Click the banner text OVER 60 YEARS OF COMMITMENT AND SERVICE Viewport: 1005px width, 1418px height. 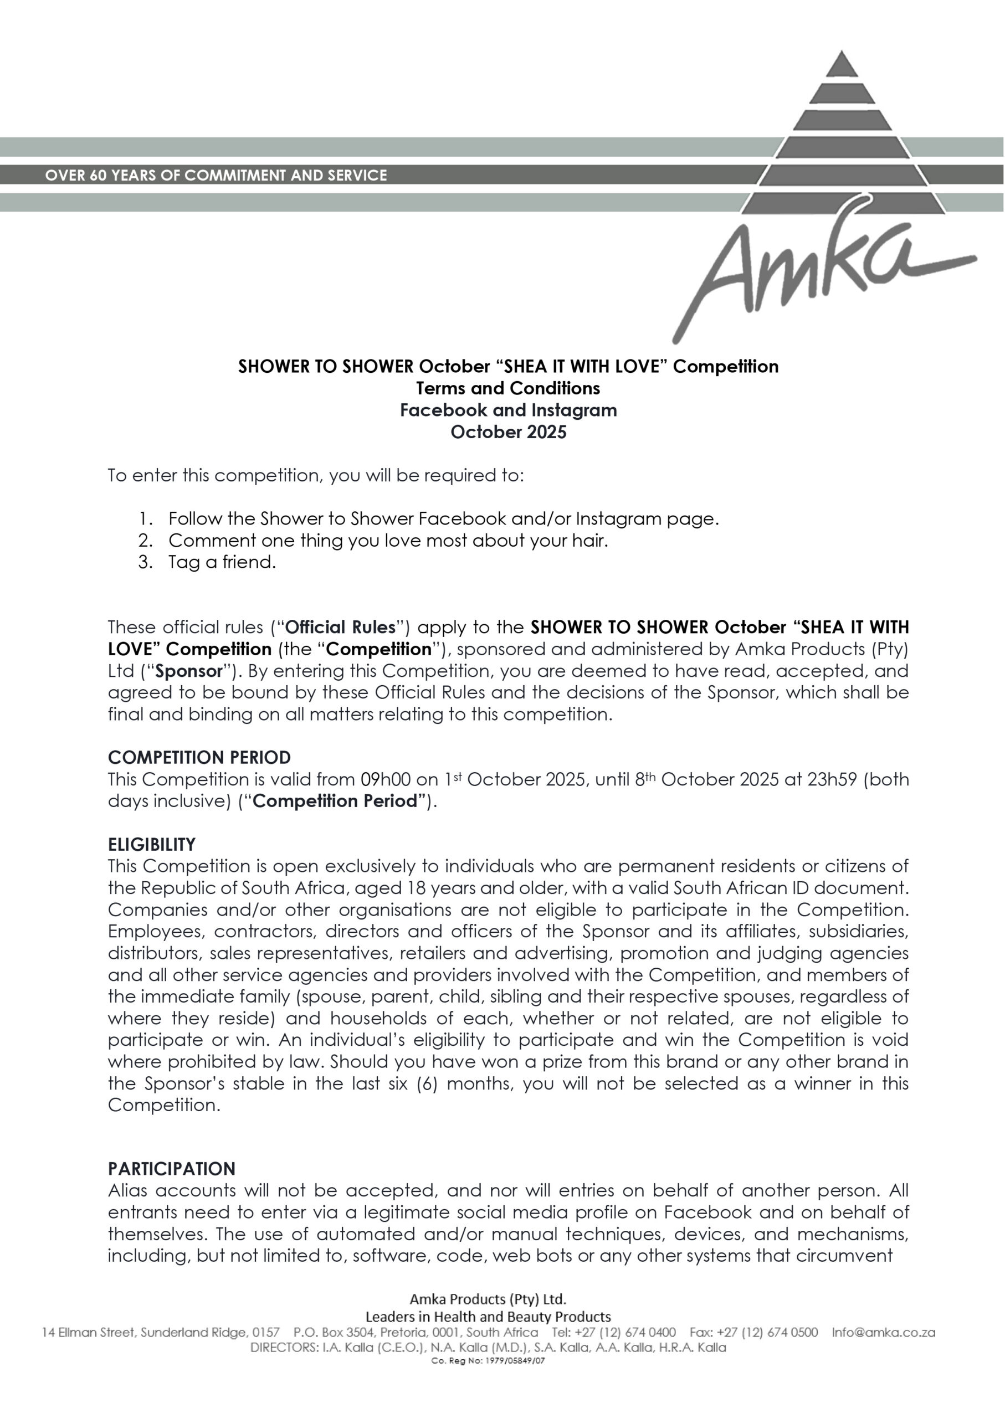click(216, 175)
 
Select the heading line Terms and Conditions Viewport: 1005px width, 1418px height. click(508, 388)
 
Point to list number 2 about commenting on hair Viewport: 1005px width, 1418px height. click(145, 541)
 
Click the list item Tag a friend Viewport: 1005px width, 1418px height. click(222, 562)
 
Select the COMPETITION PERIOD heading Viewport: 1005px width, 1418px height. click(199, 757)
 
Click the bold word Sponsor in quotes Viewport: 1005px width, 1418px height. click(189, 671)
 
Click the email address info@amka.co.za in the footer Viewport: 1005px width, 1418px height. click(883, 1332)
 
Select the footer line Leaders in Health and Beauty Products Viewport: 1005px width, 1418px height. click(488, 1317)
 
